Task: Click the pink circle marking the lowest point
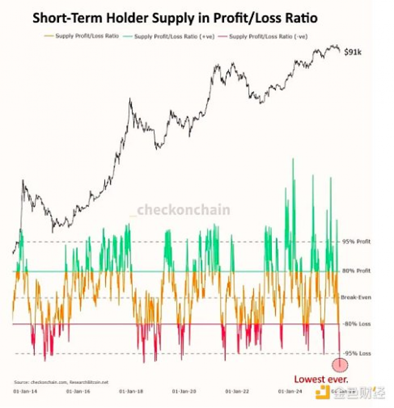pyautogui.click(x=340, y=364)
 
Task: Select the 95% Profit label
pyautogui.click(x=356, y=242)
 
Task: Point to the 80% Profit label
pyautogui.click(x=356, y=271)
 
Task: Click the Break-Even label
pyautogui.click(x=356, y=297)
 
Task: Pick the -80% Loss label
pyautogui.click(x=356, y=324)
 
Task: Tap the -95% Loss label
pyautogui.click(x=356, y=353)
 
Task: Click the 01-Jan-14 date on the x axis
pyautogui.click(x=25, y=390)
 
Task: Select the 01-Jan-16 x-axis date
pyautogui.click(x=78, y=390)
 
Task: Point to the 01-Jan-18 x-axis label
pyautogui.click(x=132, y=390)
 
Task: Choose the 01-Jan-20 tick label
pyautogui.click(x=185, y=390)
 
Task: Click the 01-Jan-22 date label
pyautogui.click(x=238, y=390)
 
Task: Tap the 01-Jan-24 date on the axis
pyautogui.click(x=290, y=390)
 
